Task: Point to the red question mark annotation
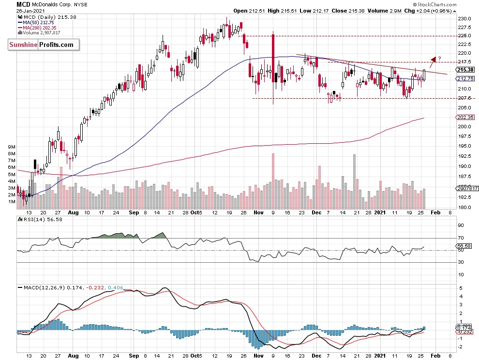click(x=440, y=59)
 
